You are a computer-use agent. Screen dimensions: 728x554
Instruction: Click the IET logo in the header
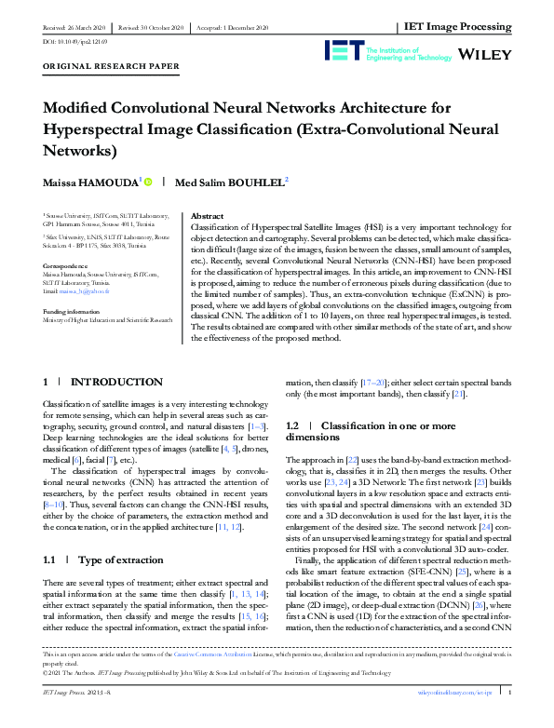(x=345, y=51)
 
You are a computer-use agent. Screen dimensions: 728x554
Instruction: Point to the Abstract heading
(x=206, y=215)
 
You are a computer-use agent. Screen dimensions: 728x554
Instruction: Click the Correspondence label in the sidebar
(x=68, y=265)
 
